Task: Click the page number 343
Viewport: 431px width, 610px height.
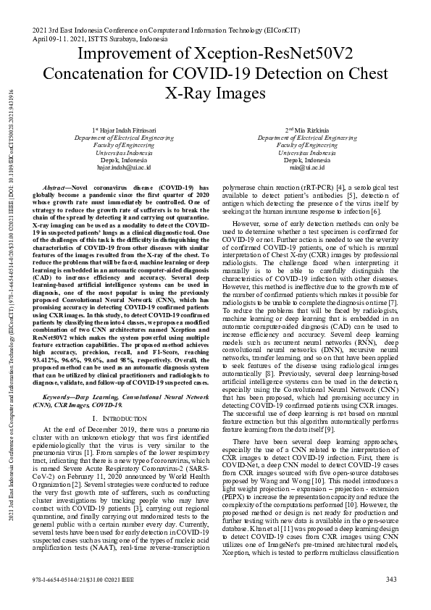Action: click(x=391, y=580)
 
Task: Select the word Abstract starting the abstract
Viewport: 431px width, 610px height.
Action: click(x=58, y=186)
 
